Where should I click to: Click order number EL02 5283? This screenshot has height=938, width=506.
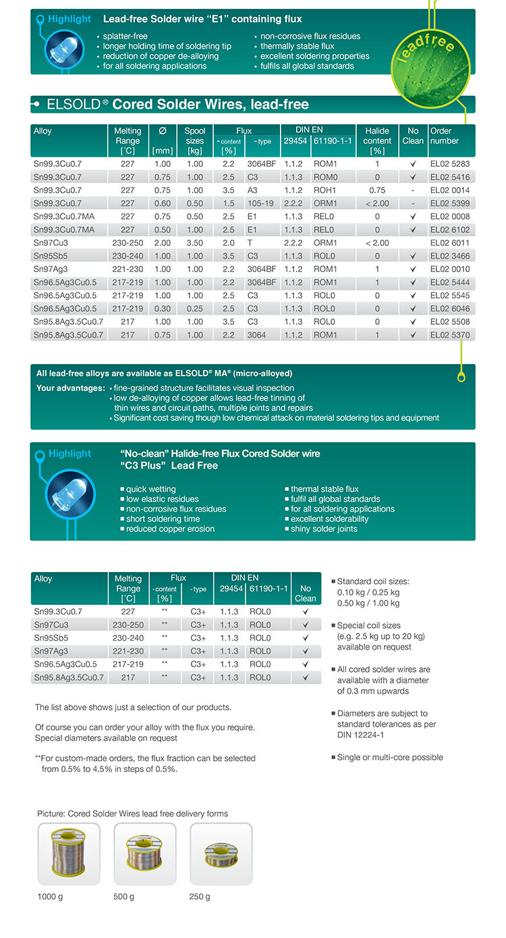pos(450,164)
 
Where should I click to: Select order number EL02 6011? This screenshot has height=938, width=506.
pos(450,242)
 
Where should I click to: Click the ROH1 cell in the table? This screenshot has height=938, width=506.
pos(325,190)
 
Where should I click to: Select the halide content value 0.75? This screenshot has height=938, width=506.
pos(377,190)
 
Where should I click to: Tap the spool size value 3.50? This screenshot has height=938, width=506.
pos(195,242)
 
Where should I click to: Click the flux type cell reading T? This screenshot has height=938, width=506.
pos(250,242)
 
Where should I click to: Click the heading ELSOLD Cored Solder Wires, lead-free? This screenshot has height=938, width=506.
pos(177,105)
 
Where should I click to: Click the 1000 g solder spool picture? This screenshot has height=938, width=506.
pos(69,854)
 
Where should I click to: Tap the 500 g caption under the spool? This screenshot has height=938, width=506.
pos(124,897)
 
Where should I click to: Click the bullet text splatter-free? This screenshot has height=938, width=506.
pos(125,36)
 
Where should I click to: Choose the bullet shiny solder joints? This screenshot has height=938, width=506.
pos(324,529)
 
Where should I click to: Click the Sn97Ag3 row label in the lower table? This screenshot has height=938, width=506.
pos(51,651)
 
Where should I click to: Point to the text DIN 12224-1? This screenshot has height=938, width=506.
pos(362,735)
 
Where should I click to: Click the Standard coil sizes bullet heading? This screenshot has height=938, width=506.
pos(372,581)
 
